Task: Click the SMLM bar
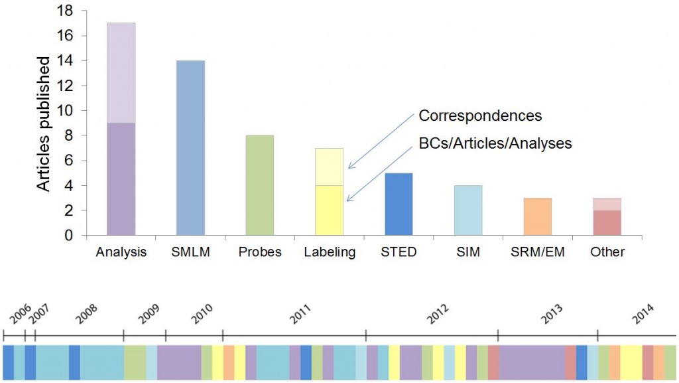click(x=190, y=147)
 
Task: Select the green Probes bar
click(x=259, y=185)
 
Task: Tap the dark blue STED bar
click(x=399, y=204)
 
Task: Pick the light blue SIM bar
click(x=468, y=210)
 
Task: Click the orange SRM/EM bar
click(x=537, y=216)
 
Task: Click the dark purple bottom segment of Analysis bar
click(x=121, y=179)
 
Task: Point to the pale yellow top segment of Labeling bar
click(x=329, y=167)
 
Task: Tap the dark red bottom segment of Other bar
click(x=607, y=222)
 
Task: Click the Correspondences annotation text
click(x=480, y=116)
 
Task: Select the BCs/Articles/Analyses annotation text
click(x=495, y=143)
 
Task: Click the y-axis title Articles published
click(x=44, y=124)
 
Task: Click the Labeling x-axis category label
click(x=329, y=252)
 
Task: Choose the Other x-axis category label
click(x=607, y=252)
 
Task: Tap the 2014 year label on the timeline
click(x=643, y=312)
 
